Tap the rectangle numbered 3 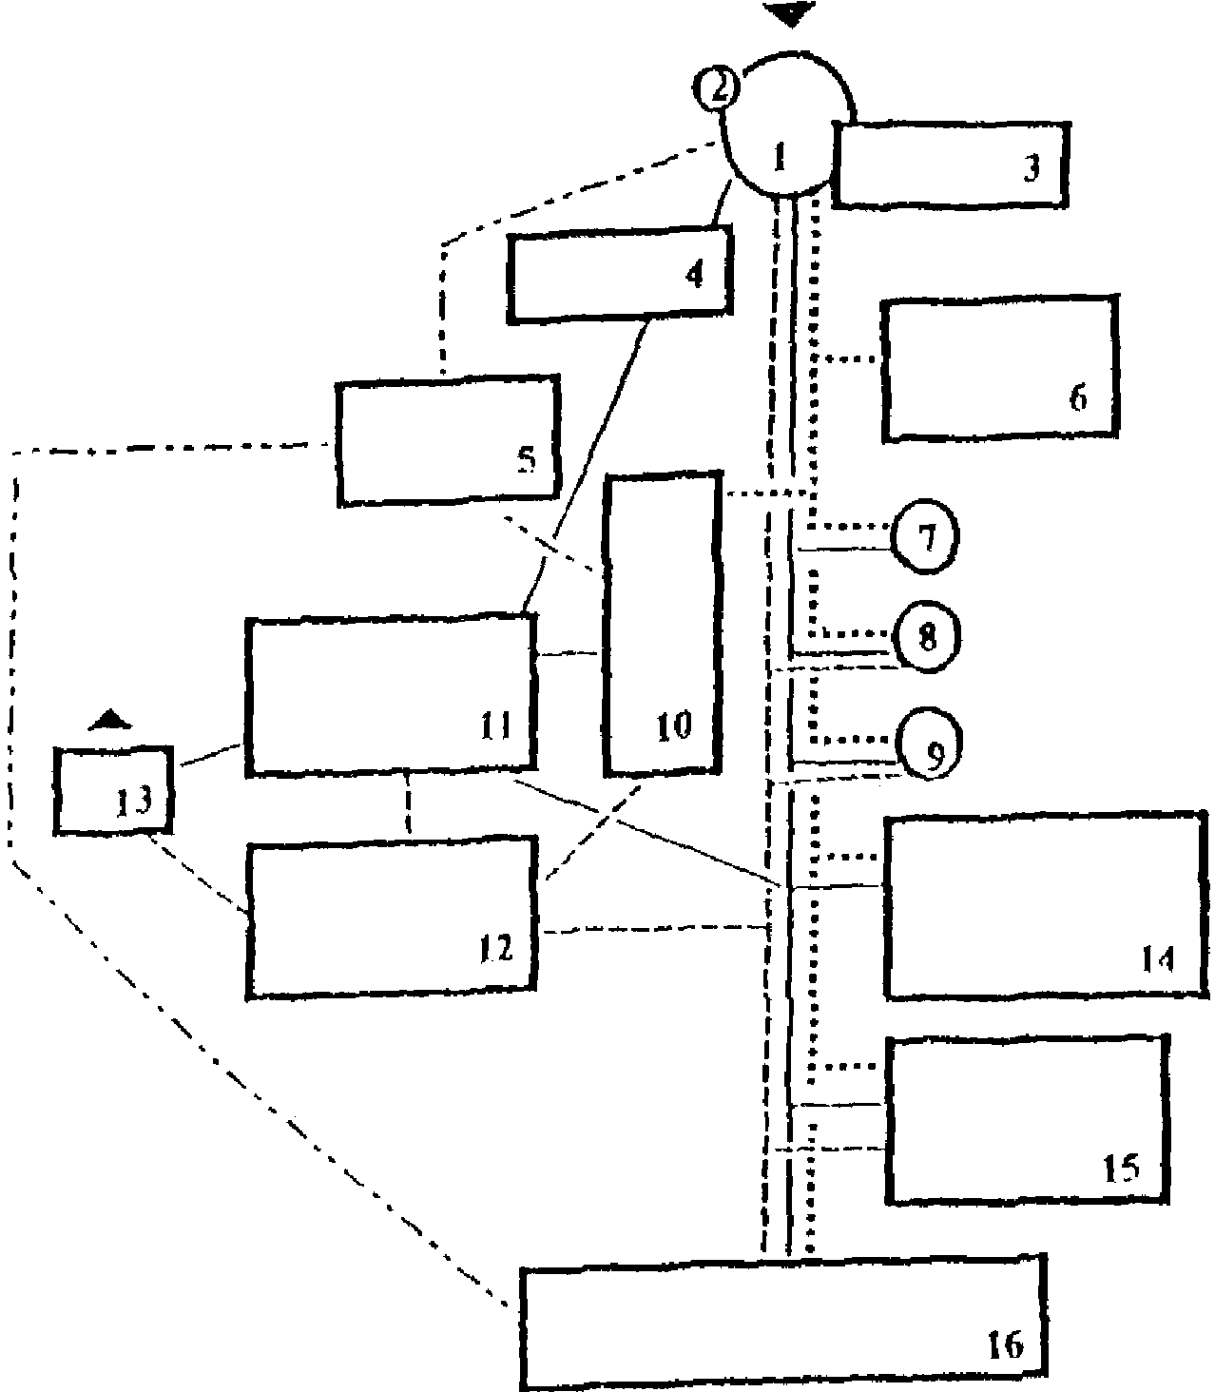(951, 164)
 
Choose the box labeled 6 (998, 368)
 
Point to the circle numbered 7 (925, 538)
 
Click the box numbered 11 (390, 694)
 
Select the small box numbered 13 (115, 791)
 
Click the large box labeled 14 (1046, 905)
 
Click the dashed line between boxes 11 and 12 (409, 803)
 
